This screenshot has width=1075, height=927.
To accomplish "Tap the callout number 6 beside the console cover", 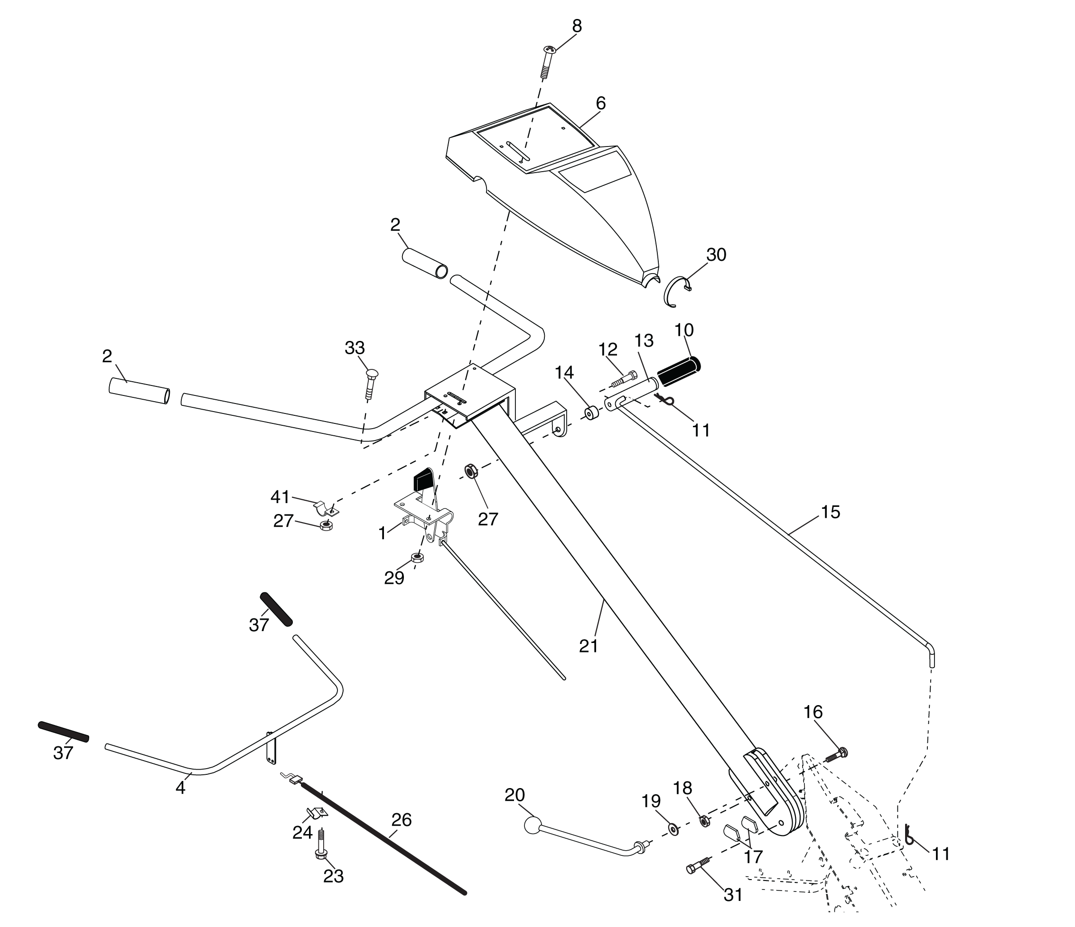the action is coord(600,104).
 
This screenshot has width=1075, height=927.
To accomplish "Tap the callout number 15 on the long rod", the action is coord(830,512).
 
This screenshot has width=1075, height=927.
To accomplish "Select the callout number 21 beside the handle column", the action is coord(589,646).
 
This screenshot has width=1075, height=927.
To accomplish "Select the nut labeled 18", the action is coord(704,820).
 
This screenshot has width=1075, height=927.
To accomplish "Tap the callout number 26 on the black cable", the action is coord(401,820).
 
